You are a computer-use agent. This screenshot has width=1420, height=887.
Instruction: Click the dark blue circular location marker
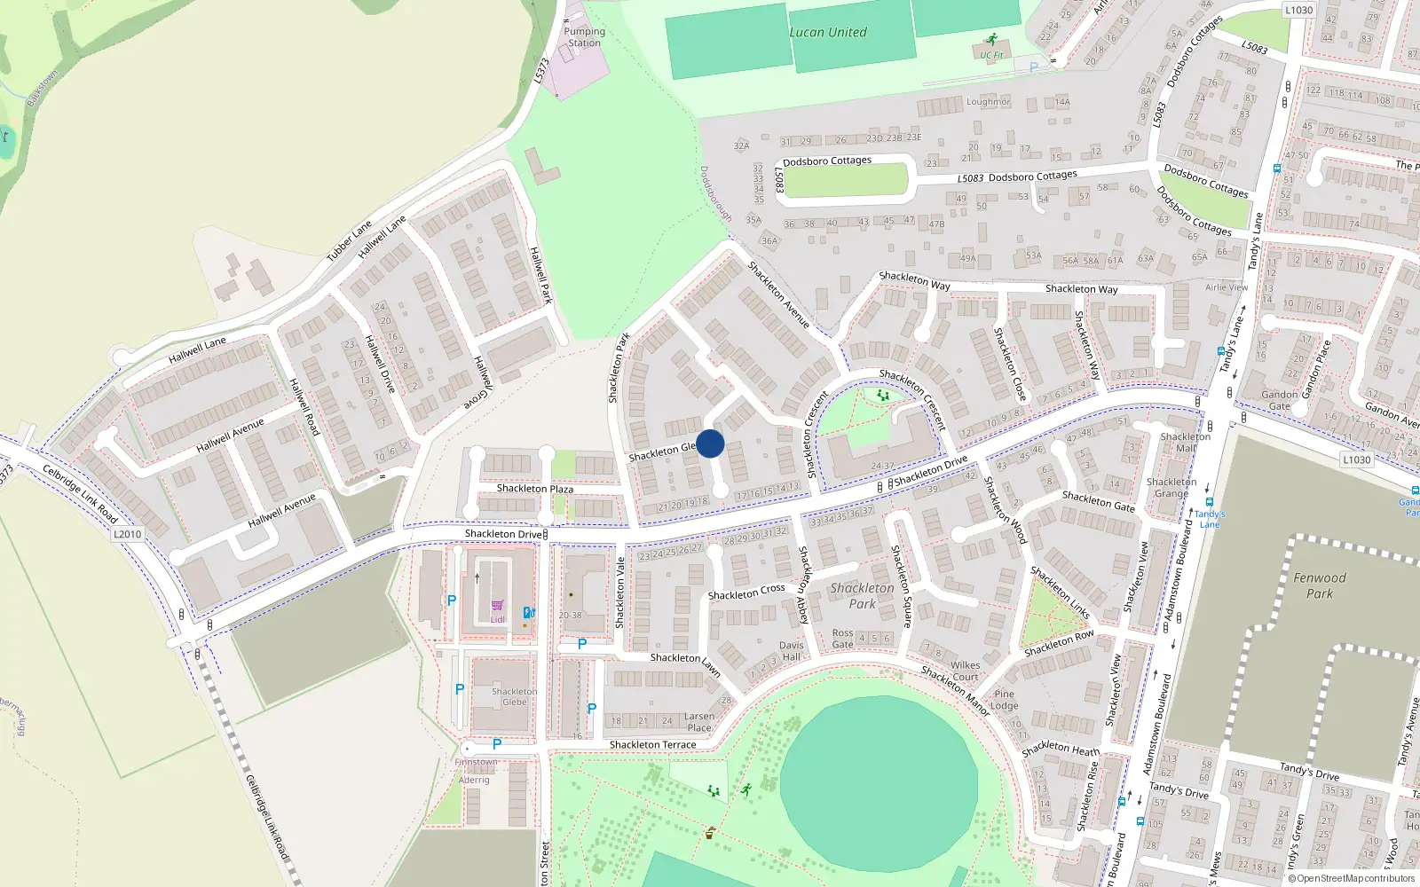(x=710, y=443)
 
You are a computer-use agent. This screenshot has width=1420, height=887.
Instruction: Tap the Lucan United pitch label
(x=828, y=33)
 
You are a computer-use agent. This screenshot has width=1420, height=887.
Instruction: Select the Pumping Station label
(x=584, y=37)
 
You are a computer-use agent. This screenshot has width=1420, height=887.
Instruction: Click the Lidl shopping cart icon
(x=497, y=605)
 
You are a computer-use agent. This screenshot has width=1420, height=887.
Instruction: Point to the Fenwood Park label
(x=1320, y=585)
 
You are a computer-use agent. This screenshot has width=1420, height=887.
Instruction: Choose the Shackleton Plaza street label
(x=535, y=489)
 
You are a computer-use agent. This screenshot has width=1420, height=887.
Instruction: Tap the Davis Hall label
(x=792, y=651)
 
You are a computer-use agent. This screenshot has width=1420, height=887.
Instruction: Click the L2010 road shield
(x=128, y=534)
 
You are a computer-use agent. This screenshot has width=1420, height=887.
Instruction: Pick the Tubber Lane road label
(x=349, y=241)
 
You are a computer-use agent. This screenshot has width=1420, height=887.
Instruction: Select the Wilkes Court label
(x=966, y=671)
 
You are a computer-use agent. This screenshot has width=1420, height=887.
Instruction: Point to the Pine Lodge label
(x=1005, y=700)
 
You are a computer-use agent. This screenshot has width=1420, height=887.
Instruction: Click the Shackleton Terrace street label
(x=652, y=745)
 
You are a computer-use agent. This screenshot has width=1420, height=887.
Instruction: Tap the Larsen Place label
(x=699, y=722)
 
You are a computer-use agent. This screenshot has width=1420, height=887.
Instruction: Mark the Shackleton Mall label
(x=1185, y=442)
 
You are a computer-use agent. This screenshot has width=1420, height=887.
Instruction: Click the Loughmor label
(x=989, y=102)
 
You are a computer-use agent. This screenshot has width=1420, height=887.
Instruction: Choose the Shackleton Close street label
(x=1010, y=364)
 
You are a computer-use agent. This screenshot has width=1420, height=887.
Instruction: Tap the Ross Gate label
(x=843, y=639)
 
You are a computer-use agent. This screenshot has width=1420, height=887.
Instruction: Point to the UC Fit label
(x=991, y=55)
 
